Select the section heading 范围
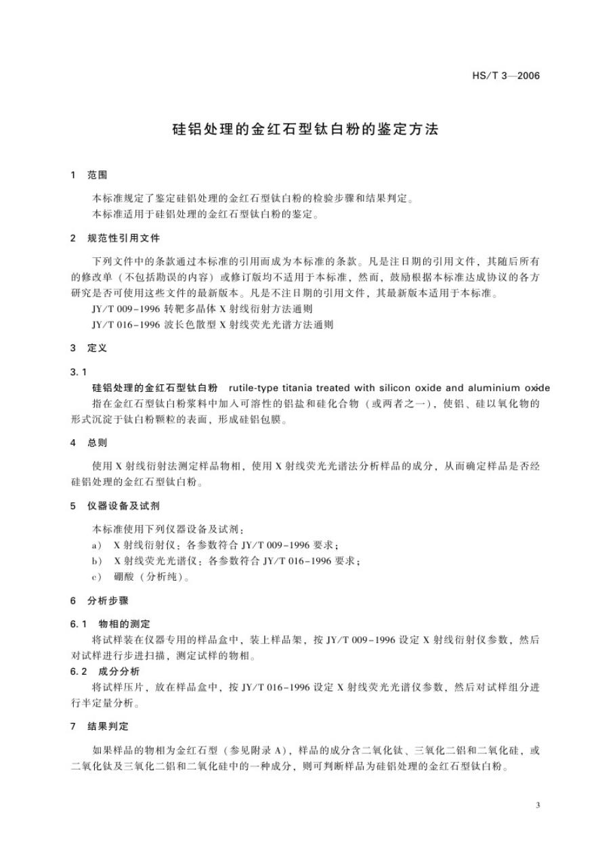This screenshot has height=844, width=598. [98, 175]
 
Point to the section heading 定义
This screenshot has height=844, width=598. [98, 349]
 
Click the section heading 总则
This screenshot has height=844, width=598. [98, 443]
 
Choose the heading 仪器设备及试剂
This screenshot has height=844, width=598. [125, 506]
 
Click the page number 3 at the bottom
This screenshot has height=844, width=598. [538, 805]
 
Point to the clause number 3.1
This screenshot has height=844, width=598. [79, 372]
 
